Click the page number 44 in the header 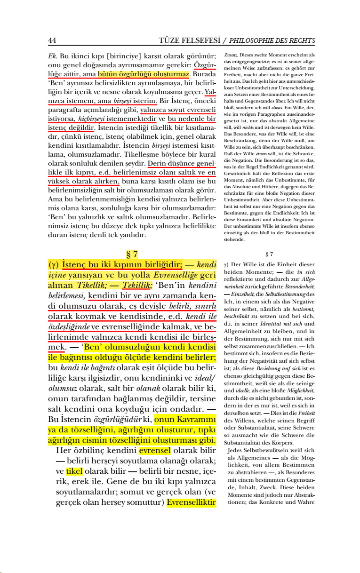point(52,40)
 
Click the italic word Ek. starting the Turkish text point(53,55)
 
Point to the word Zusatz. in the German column point(231,55)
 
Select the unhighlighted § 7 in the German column point(270,255)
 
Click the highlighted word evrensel point(155,450)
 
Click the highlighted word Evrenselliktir point(191,502)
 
